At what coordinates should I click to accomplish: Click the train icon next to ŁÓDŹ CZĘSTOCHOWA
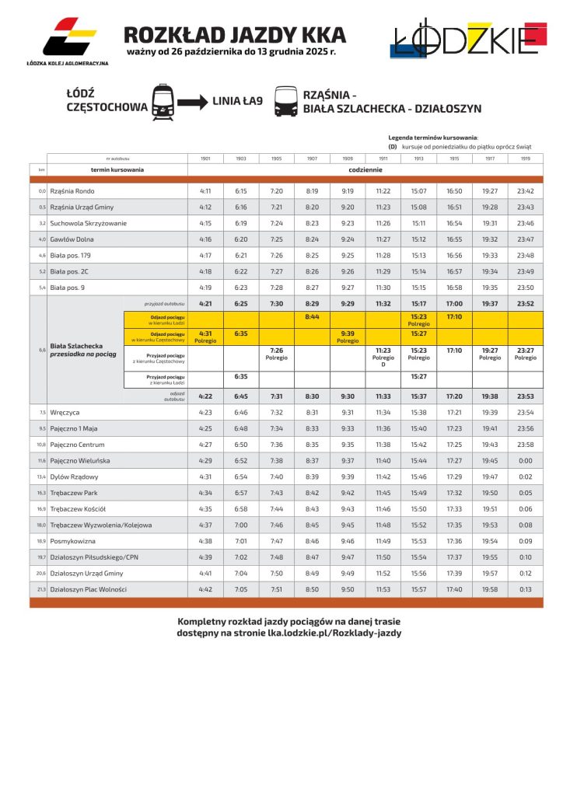click(x=163, y=101)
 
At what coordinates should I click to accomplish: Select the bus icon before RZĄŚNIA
click(x=286, y=101)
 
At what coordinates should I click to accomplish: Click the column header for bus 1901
click(x=205, y=159)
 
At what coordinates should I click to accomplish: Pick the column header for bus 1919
click(x=526, y=159)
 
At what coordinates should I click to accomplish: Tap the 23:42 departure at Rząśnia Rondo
click(x=526, y=191)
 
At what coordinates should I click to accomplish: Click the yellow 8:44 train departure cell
click(x=312, y=317)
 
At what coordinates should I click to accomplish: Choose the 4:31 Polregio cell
click(x=205, y=337)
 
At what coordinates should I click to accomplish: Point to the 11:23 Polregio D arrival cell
click(x=383, y=358)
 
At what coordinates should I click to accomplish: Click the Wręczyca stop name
click(x=65, y=412)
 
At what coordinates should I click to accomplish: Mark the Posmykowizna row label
click(x=73, y=541)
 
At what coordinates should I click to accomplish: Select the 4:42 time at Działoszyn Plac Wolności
click(x=205, y=589)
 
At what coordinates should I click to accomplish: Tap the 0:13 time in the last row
click(x=526, y=589)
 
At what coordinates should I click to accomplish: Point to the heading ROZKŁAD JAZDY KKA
click(x=235, y=35)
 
